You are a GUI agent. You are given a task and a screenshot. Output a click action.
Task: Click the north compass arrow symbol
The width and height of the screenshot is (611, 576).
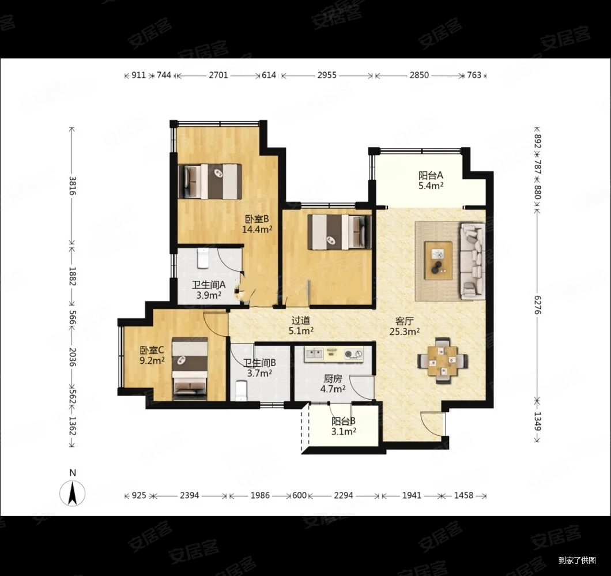[72, 493]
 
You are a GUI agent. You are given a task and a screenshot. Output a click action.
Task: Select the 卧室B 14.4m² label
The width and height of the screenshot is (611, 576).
[257, 224]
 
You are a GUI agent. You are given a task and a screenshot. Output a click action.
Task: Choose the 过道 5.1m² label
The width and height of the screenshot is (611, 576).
[301, 325]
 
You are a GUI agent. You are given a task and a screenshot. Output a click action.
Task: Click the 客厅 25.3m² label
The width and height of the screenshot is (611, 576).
[405, 326]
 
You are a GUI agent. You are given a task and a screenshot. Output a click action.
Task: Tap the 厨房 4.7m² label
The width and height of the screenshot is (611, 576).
[333, 383]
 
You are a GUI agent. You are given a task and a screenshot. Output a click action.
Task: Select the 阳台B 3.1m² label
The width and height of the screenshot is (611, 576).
[344, 426]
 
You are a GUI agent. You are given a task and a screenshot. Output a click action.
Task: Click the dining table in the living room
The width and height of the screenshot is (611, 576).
[442, 361]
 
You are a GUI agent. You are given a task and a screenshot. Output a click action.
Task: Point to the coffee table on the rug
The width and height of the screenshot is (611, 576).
[439, 261]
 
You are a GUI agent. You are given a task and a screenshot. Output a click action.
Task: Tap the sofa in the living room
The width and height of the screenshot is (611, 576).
[473, 261]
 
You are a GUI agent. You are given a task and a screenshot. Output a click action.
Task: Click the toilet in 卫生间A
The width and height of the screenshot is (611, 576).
[203, 258]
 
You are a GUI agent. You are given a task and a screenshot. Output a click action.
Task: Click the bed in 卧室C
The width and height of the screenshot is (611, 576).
[190, 368]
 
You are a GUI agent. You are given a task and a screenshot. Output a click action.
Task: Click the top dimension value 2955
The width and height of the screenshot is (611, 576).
[327, 75]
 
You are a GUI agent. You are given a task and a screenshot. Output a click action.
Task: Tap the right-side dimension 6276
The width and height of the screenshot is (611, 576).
[537, 305]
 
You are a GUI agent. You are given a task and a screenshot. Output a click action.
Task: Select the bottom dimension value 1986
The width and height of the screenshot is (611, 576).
[260, 495]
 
